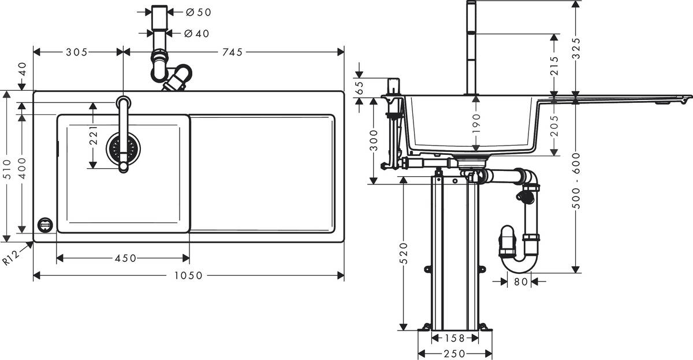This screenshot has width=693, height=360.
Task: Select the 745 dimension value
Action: tap(232, 52)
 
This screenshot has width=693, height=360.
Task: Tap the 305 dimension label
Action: tap(76, 52)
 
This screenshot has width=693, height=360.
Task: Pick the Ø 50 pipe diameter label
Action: tap(198, 12)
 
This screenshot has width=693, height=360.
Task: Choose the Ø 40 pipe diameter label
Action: tap(198, 34)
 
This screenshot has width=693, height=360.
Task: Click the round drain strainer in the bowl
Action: tap(122, 149)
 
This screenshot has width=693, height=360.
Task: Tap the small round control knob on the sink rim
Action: tap(44, 225)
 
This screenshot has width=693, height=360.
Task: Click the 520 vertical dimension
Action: tap(404, 253)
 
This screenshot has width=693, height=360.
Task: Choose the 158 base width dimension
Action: tap(454, 337)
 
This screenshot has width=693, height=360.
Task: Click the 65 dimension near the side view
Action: tap(359, 87)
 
